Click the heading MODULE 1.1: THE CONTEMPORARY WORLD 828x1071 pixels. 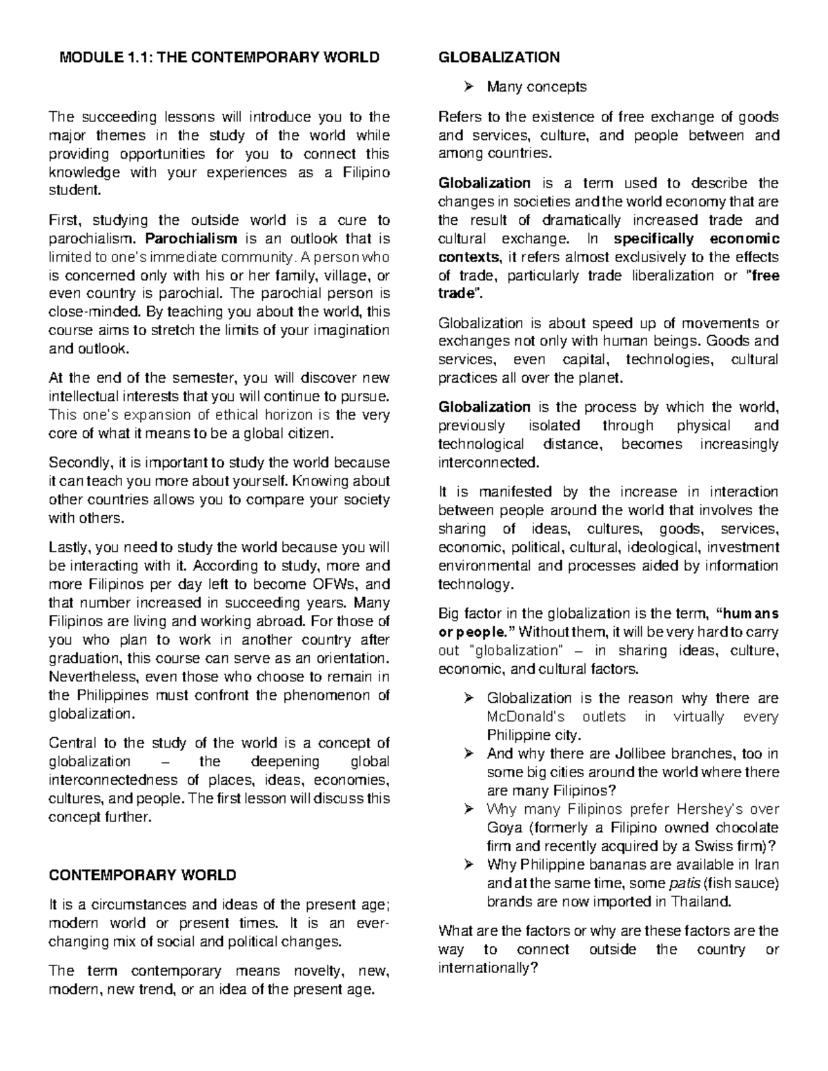(219, 57)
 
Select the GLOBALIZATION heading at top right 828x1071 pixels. (499, 57)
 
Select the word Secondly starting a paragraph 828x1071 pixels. (77, 462)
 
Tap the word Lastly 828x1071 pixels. (69, 548)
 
